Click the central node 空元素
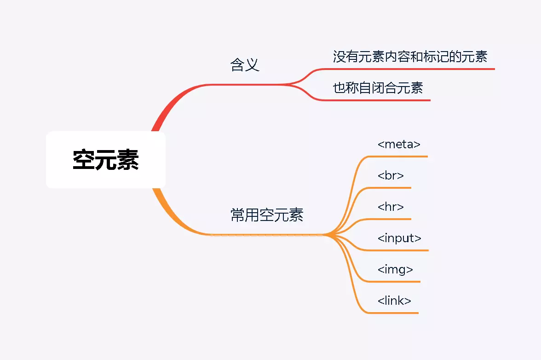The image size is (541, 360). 106,160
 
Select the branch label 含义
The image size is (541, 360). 245,65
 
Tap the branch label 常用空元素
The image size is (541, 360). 267,215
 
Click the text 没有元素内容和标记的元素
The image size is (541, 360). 410,57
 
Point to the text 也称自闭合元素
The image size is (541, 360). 378,87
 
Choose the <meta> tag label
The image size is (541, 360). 399,144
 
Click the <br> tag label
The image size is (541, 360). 391,175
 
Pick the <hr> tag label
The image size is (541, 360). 391,207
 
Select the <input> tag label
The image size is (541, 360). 399,238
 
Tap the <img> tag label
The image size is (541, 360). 395,269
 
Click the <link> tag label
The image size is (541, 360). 394,301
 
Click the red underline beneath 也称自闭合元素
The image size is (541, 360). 382,100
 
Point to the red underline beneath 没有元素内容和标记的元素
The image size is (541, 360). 414,69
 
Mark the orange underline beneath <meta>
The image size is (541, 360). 400,157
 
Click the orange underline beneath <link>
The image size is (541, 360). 396,313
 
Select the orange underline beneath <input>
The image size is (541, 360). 400,250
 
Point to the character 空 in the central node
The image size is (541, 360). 84,160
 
